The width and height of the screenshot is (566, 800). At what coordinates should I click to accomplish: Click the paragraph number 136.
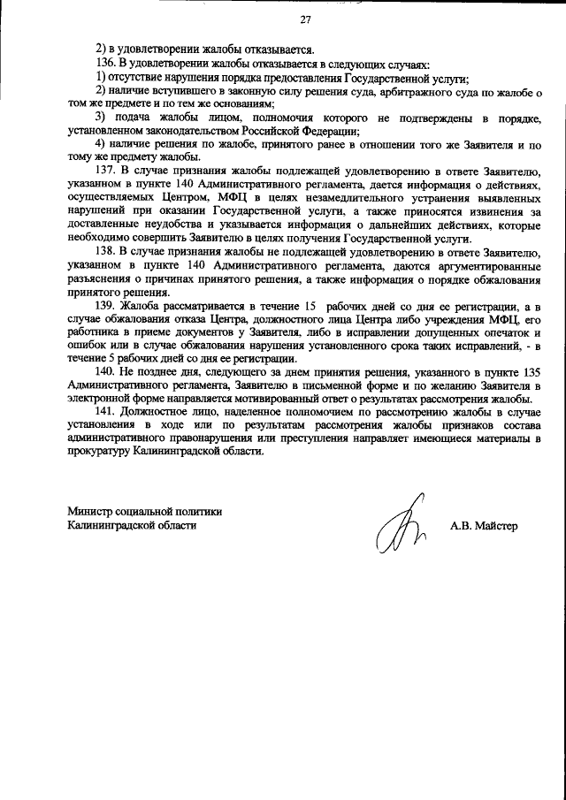[104, 65]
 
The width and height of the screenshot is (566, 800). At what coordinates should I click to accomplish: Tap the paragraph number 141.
[104, 411]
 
